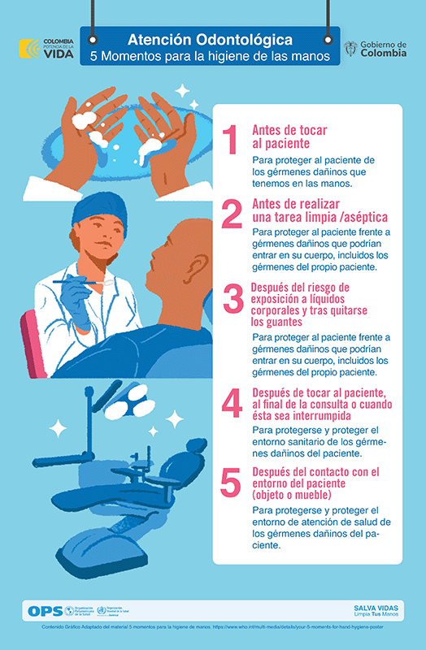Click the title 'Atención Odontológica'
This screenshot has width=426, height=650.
[x=210, y=40]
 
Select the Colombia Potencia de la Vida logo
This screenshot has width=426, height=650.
[x=47, y=48]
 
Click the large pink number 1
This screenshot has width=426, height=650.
[x=232, y=141]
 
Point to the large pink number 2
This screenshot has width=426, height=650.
[x=232, y=214]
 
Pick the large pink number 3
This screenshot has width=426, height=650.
[x=233, y=300]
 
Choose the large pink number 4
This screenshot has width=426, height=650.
[x=233, y=402]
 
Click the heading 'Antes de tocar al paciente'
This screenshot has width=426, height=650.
[x=288, y=136]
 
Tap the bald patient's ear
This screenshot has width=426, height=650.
[x=196, y=266]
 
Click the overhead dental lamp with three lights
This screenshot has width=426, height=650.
[x=128, y=398]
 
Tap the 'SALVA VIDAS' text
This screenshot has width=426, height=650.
[x=375, y=607]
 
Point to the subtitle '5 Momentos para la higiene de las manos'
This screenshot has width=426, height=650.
[x=210, y=57]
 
